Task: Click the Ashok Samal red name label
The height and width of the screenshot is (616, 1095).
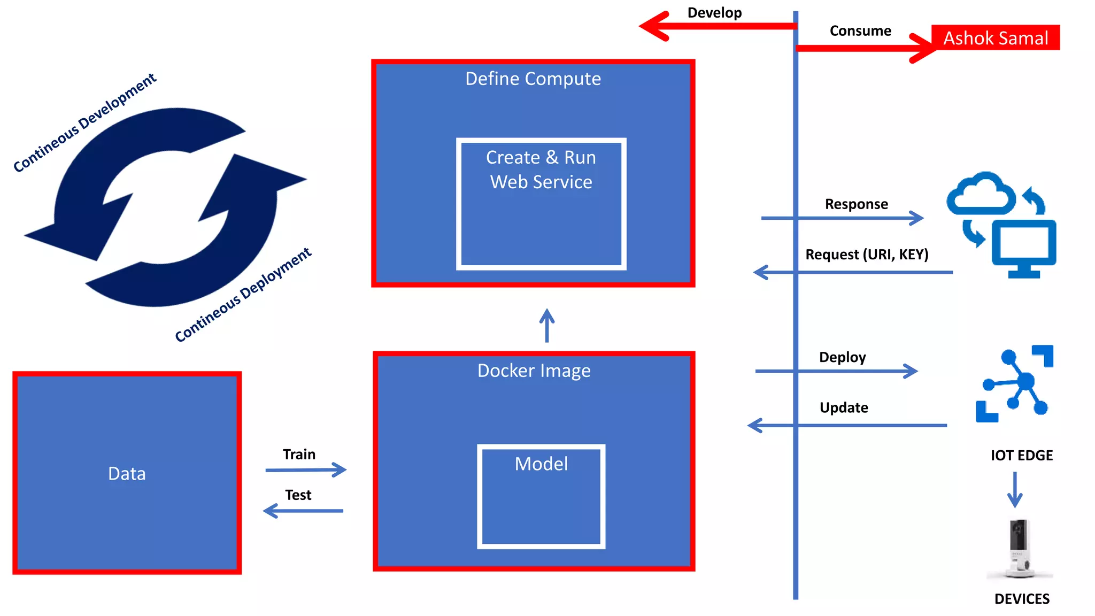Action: click(995, 38)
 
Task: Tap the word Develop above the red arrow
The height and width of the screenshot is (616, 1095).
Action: click(714, 13)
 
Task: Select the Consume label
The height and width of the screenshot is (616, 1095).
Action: click(860, 31)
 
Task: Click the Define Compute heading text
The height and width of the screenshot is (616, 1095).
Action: click(533, 79)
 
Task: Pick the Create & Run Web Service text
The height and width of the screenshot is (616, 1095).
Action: click(541, 170)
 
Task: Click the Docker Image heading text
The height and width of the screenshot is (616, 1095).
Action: click(534, 371)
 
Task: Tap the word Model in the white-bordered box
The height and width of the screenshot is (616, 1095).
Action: click(541, 464)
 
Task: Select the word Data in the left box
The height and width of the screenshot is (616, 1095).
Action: click(127, 474)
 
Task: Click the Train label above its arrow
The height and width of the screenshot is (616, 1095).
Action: click(299, 455)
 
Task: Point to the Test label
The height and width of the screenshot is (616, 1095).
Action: click(298, 495)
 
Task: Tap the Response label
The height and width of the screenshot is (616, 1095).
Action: click(856, 204)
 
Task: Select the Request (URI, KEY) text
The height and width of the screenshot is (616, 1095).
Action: click(866, 255)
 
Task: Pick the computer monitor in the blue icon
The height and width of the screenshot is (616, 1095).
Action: click(1023, 245)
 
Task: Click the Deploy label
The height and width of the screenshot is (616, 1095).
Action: click(842, 357)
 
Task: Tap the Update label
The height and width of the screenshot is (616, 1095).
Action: click(843, 408)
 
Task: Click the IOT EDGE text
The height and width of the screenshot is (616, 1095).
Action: click(1021, 456)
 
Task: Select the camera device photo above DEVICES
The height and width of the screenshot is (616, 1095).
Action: click(1019, 548)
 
